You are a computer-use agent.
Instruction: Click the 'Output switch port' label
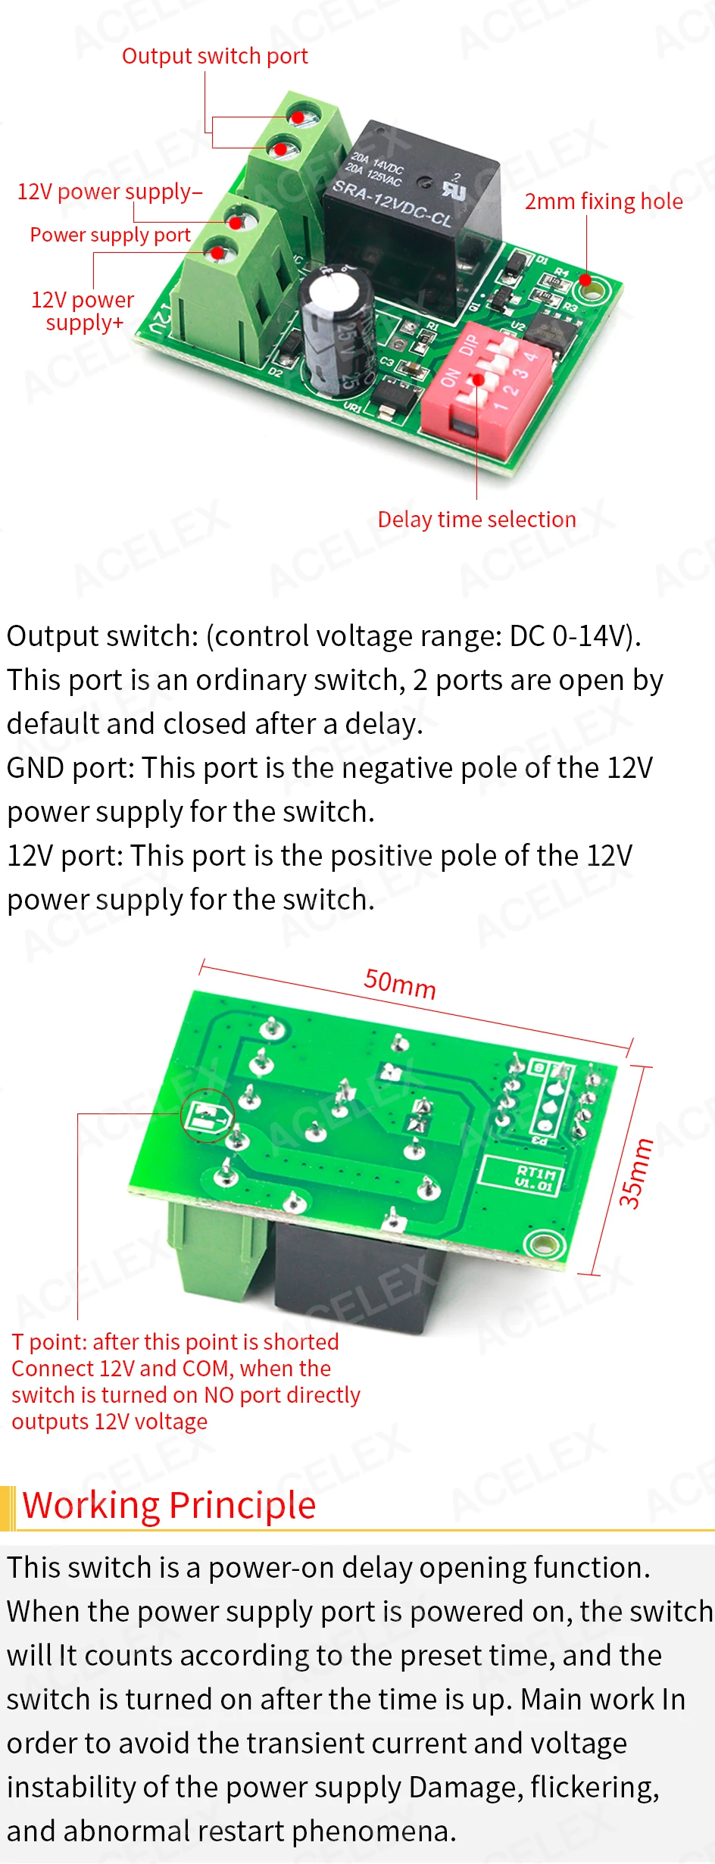point(214,57)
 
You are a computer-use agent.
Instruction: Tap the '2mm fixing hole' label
point(604,201)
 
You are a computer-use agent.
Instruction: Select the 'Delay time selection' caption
point(476,520)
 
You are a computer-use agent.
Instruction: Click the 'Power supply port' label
point(110,235)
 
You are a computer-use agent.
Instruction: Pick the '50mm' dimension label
point(400,983)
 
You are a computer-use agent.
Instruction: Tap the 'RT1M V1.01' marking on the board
point(535,1177)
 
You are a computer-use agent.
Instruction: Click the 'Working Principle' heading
point(169,1505)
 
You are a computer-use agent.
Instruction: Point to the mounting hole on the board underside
point(543,1244)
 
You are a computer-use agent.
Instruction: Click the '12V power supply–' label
point(110,192)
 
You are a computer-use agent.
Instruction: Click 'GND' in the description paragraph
point(35,768)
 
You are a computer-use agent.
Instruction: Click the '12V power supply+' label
point(83,311)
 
